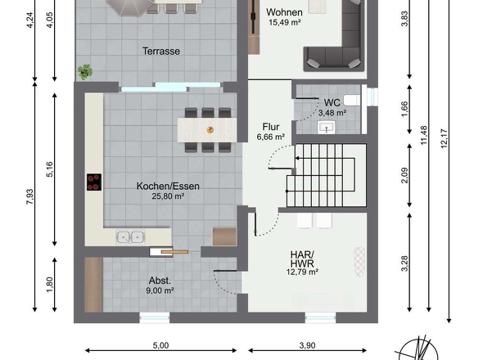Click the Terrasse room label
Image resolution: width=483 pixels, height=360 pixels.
[161, 51]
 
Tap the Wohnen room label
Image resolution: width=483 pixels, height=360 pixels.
[284, 12]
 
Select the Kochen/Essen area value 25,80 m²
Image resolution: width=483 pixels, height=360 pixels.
[168, 196]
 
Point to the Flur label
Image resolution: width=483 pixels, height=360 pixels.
[271, 127]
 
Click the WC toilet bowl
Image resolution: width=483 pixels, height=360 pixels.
[352, 101]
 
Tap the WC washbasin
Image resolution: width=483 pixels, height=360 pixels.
[327, 127]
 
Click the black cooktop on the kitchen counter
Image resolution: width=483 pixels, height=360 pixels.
[94, 182]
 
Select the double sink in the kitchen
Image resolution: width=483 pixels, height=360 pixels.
[130, 237]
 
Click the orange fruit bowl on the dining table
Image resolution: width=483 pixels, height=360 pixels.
[210, 130]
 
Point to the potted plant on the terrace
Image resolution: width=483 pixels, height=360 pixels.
[84, 72]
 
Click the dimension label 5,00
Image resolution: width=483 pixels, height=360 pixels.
[160, 345]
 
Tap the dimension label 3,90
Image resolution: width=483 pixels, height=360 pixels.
[308, 345]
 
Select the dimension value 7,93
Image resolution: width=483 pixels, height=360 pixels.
[29, 197]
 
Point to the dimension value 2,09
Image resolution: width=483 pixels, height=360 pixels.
[404, 175]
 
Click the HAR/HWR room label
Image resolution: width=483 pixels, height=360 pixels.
[302, 259]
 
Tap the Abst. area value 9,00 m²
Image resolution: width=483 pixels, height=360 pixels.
[160, 290]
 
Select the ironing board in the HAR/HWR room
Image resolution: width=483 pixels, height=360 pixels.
[359, 262]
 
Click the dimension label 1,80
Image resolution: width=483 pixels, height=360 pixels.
[50, 285]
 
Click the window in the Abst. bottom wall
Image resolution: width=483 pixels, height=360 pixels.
[155, 318]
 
